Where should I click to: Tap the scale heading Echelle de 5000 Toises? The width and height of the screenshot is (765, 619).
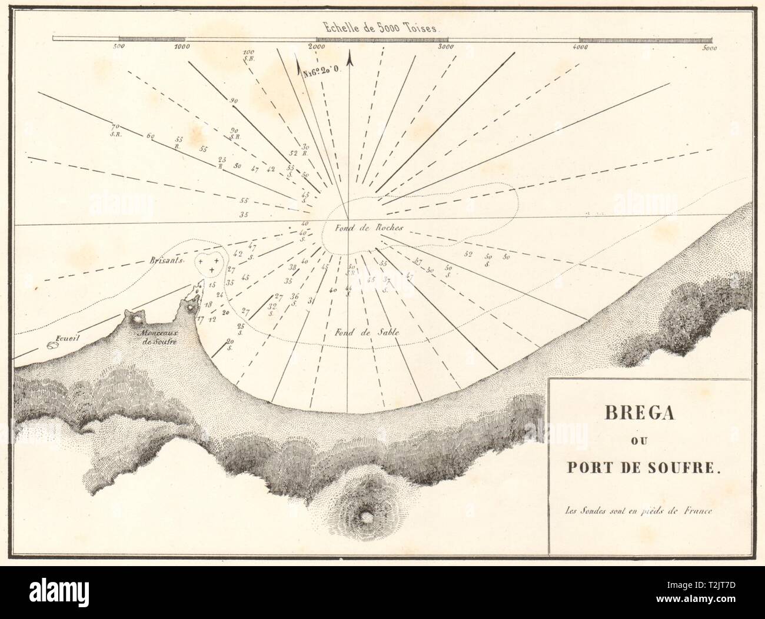[x=381, y=26]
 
